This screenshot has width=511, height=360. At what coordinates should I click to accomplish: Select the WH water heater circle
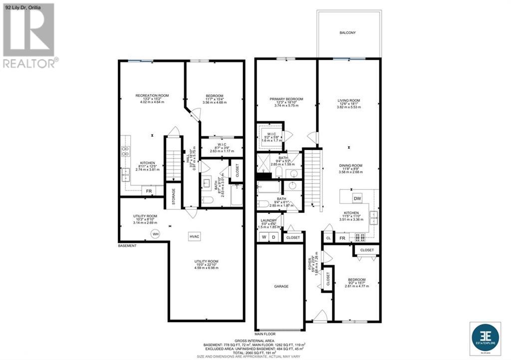tap(155, 234)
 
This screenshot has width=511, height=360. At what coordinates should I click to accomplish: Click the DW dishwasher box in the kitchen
tap(357, 198)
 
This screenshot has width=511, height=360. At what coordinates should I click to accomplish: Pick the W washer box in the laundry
tap(263, 237)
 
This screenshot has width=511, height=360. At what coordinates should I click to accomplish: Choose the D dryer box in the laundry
tap(273, 237)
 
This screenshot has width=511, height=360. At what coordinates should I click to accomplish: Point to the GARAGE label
tap(281, 287)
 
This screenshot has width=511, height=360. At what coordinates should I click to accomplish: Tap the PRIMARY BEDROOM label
tap(286, 99)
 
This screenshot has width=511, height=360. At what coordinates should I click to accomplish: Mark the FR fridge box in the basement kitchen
tap(148, 191)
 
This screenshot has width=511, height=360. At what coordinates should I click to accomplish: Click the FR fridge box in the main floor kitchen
tap(343, 238)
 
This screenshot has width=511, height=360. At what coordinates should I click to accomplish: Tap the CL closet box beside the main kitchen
tap(328, 238)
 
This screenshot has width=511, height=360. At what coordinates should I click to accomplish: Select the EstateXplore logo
tap(486, 337)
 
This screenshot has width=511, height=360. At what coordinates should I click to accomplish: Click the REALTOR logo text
tap(30, 63)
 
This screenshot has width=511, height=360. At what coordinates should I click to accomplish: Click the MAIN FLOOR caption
tap(265, 334)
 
